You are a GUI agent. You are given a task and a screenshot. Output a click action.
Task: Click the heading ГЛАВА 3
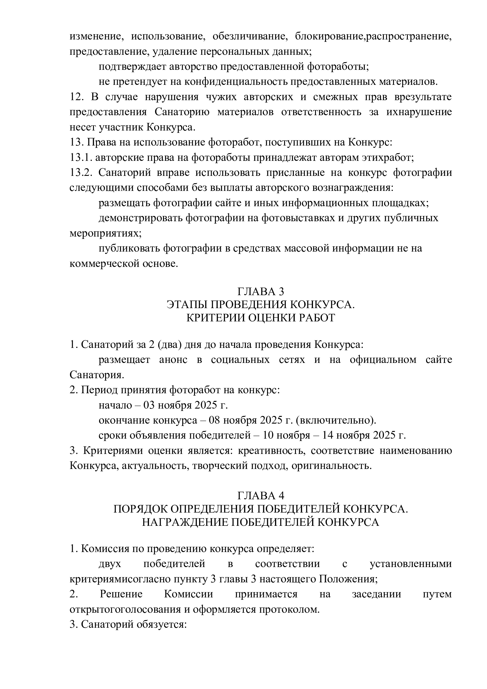coord(260,292)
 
